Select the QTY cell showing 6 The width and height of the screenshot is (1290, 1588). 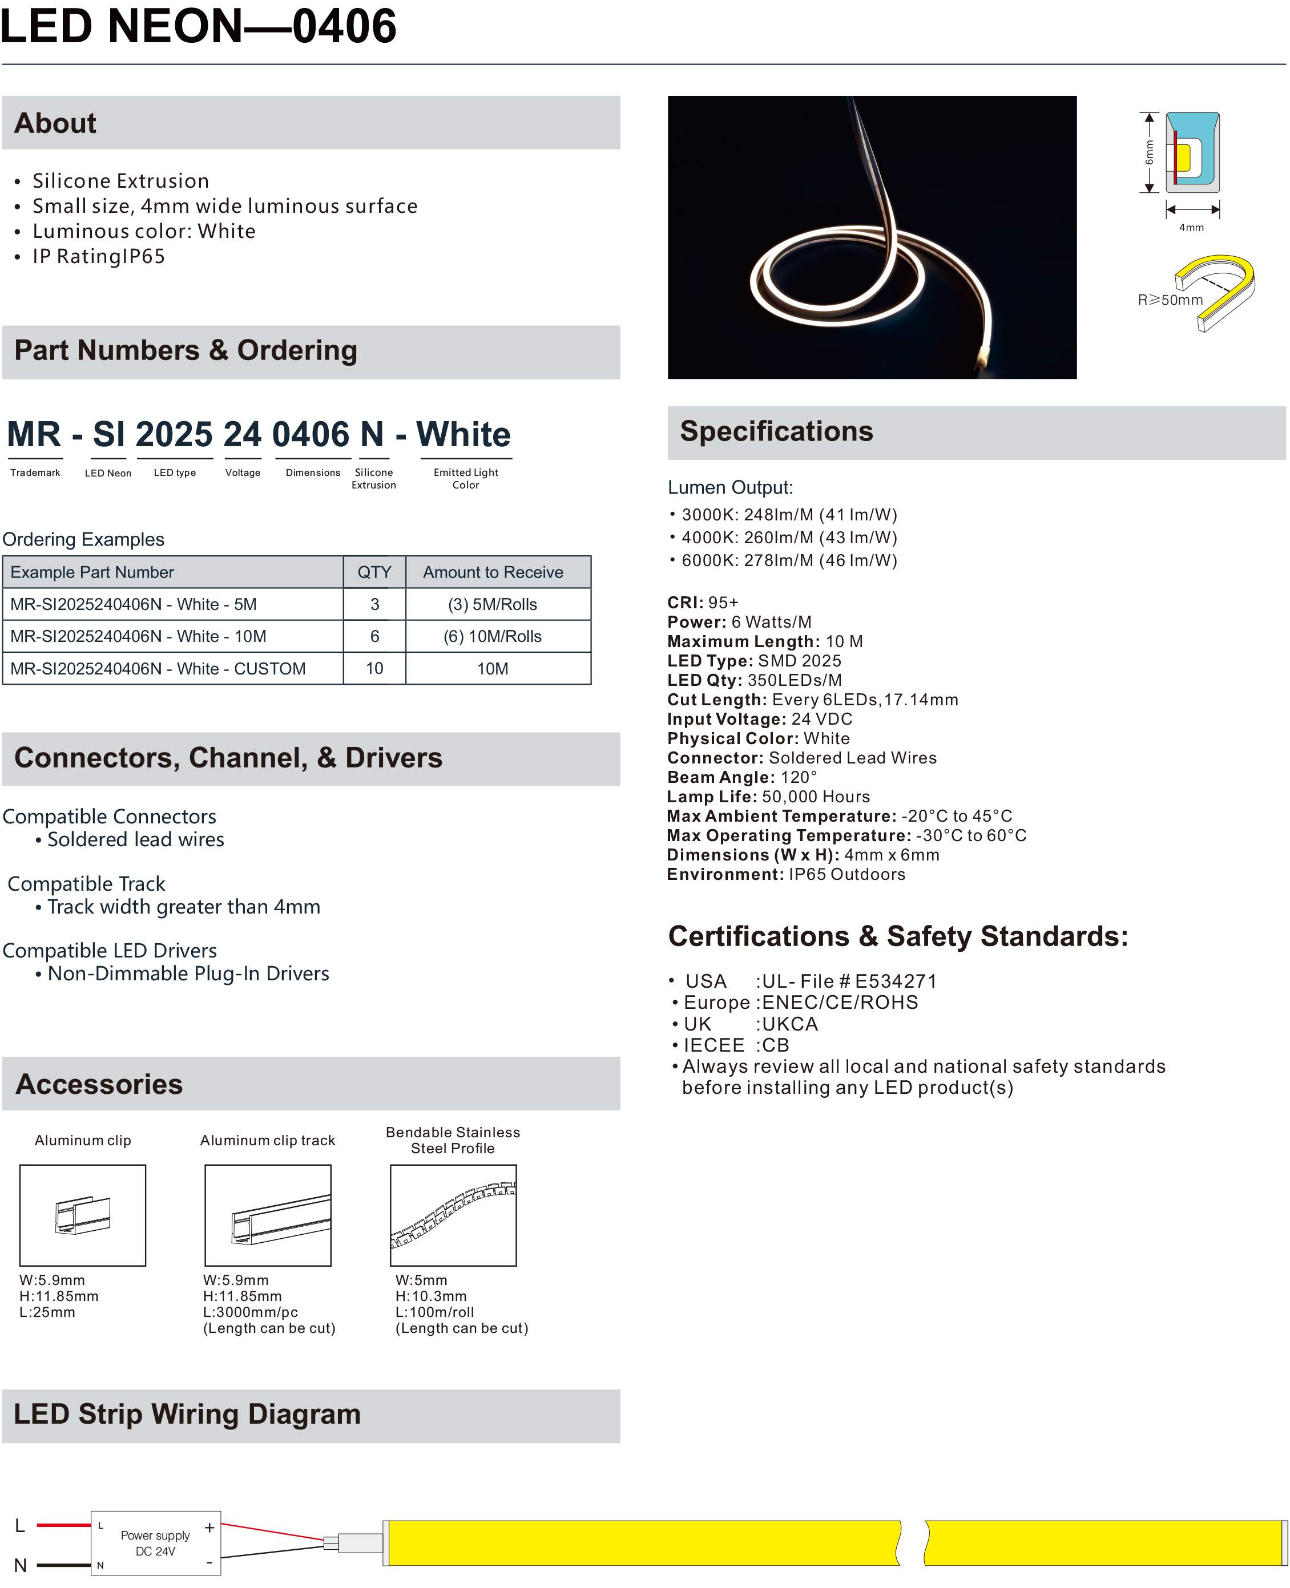pyautogui.click(x=374, y=637)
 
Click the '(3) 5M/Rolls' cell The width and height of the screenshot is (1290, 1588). pyautogui.click(x=492, y=605)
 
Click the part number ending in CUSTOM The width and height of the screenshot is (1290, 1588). pyautogui.click(x=158, y=669)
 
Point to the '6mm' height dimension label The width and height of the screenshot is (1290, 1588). pyautogui.click(x=1149, y=153)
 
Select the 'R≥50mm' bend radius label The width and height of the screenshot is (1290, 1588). pyautogui.click(x=1170, y=300)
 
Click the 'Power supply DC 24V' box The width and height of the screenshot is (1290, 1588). pyautogui.click(x=155, y=1543)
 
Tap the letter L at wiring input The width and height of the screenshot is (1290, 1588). pyautogui.click(x=20, y=1526)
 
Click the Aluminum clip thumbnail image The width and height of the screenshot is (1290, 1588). pyautogui.click(x=83, y=1215)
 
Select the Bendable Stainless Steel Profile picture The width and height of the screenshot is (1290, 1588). pyautogui.click(x=453, y=1215)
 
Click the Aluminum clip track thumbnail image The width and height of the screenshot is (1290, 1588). pyautogui.click(x=268, y=1215)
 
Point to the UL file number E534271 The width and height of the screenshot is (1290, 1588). pyautogui.click(x=896, y=981)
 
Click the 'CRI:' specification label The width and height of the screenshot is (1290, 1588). pyautogui.click(x=684, y=603)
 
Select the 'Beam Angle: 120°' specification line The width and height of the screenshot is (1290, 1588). pyautogui.click(x=741, y=777)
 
